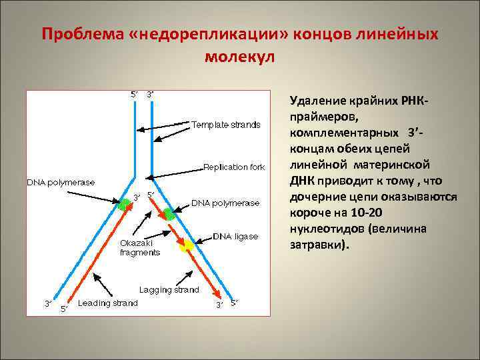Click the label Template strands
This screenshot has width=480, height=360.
click(x=226, y=125)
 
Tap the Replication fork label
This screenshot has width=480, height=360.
click(x=234, y=167)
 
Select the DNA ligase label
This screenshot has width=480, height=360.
click(x=235, y=236)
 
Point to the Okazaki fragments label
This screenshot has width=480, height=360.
click(x=140, y=247)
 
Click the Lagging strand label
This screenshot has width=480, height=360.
click(x=169, y=290)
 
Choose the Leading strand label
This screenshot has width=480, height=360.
click(x=107, y=303)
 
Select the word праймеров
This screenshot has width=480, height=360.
click(x=321, y=117)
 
